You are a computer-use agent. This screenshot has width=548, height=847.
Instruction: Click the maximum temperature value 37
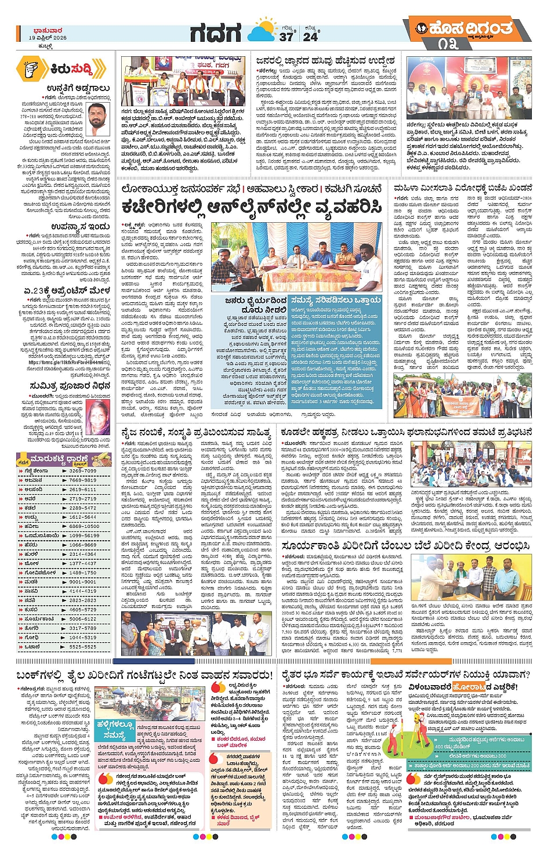tap(286, 37)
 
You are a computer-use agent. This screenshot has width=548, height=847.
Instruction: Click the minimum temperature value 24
tap(310, 37)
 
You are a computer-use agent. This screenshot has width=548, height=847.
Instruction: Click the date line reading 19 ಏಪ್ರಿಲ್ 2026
tap(48, 38)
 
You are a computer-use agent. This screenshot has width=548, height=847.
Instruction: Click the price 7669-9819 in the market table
tap(83, 480)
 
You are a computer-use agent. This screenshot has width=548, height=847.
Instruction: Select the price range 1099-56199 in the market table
tap(84, 535)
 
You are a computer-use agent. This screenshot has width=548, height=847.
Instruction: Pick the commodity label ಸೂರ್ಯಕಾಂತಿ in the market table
tap(39, 619)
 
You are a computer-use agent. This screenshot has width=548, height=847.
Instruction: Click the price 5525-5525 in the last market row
tap(83, 647)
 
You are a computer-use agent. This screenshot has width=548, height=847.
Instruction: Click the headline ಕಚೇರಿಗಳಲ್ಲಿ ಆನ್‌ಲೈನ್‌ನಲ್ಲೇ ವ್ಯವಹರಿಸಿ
tap(252, 207)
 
